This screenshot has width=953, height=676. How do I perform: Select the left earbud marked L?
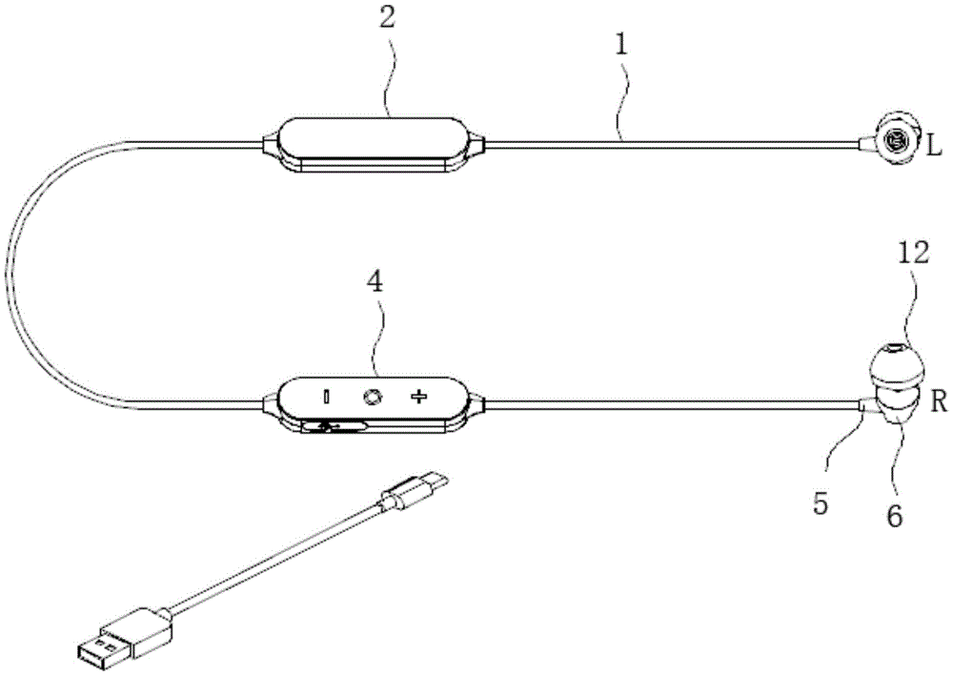pyautogui.click(x=893, y=141)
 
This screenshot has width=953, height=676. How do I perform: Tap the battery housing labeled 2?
pyautogui.click(x=374, y=145)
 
